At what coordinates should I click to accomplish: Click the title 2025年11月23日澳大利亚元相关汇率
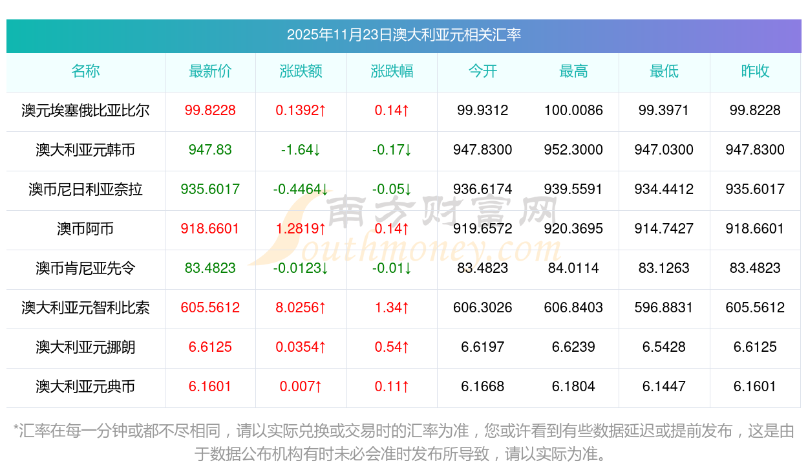(404, 35)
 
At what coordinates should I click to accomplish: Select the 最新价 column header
(210, 71)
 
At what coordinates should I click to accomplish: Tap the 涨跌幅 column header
(392, 71)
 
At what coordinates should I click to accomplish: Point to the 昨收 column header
(755, 71)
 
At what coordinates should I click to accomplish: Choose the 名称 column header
(85, 71)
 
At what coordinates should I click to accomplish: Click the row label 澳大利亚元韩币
(85, 150)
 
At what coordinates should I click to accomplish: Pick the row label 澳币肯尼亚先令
(85, 268)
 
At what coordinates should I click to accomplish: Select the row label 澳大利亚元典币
(85, 387)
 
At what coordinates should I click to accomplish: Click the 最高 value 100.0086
(573, 111)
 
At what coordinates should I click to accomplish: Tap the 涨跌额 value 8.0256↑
(301, 308)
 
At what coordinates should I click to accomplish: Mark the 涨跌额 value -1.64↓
(301, 150)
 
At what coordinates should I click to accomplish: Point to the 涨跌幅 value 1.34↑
(392, 308)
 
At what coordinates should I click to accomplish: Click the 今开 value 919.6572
(483, 229)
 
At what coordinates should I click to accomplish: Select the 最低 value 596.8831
(664, 308)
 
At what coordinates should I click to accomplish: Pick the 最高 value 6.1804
(573, 387)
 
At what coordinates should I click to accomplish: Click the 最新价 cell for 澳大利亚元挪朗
(210, 347)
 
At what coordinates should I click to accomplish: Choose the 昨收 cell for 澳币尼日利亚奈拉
(755, 189)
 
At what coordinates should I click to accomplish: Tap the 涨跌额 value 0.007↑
(301, 387)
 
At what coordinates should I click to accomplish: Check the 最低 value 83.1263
(664, 268)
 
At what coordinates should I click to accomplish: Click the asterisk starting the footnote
(17, 429)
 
